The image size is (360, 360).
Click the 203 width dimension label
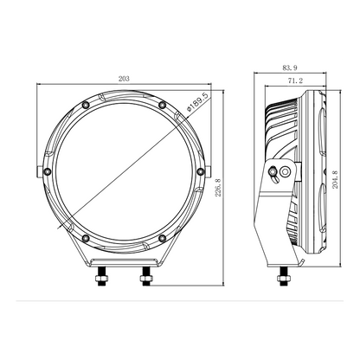tap(124, 79)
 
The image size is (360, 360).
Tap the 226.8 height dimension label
tap(218, 188)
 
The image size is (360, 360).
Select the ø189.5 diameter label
tap(197, 102)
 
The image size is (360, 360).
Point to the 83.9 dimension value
tap(290, 68)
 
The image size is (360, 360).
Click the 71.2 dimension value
tap(295, 80)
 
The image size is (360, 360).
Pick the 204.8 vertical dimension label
tap(335, 179)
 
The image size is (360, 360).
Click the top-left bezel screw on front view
tap(86, 105)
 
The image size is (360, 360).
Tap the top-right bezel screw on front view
tap(163, 105)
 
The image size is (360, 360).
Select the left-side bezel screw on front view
tap(47, 172)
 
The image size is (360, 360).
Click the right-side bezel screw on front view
tap(201, 172)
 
